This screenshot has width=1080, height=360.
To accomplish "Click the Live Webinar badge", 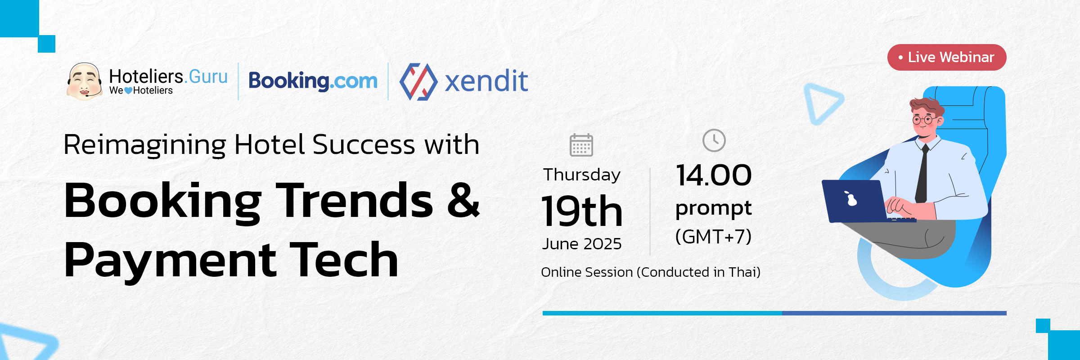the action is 947,57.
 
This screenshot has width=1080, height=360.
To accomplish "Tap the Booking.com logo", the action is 313,81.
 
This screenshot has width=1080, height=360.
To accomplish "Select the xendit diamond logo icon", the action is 418,81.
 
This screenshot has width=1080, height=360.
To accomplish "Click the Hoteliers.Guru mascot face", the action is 84,81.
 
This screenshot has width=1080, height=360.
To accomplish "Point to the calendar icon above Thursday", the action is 581,145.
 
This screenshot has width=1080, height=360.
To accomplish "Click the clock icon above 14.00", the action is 714,140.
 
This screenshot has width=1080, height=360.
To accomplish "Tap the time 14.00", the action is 714,175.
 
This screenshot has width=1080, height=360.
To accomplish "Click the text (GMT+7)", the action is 714,236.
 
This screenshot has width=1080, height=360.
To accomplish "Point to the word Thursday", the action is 582,175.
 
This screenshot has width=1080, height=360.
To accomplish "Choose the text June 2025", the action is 582,244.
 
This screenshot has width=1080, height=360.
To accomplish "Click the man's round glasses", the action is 923,120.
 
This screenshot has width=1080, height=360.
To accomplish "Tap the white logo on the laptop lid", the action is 850,198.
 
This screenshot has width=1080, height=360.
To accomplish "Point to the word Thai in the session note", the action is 742,272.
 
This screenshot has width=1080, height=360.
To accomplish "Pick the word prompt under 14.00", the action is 714,208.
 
